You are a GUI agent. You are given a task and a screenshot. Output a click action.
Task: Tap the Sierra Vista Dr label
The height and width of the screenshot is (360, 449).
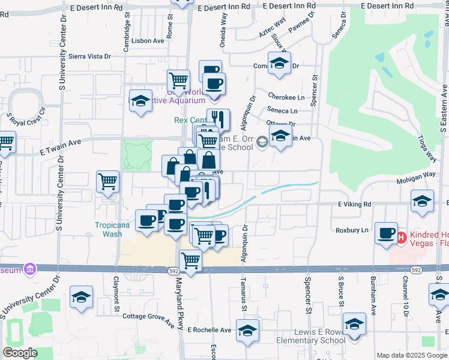[90, 56]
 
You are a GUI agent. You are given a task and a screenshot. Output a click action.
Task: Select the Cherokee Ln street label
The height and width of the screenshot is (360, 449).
[286, 97]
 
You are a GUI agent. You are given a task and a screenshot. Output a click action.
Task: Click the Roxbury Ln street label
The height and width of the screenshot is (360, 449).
[351, 230]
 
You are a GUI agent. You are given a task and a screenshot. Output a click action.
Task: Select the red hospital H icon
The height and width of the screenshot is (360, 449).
[401, 238]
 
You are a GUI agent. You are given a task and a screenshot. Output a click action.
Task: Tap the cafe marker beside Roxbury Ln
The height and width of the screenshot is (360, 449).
[386, 233]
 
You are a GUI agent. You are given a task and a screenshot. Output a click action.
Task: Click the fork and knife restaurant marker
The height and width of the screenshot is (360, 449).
[218, 119]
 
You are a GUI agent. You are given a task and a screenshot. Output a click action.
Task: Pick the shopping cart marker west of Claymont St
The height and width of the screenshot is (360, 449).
[107, 181]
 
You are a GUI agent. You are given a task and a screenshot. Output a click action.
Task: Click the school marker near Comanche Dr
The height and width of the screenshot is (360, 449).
[279, 63]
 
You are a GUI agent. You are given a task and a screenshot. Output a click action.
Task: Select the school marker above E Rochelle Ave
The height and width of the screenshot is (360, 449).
[247, 331]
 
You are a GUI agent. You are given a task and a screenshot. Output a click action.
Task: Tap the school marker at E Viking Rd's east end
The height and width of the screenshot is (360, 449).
[423, 201]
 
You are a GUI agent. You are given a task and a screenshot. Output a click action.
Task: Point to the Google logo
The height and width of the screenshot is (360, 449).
[20, 353]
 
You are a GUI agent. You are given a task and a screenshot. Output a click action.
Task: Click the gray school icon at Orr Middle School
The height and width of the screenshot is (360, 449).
[262, 142]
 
